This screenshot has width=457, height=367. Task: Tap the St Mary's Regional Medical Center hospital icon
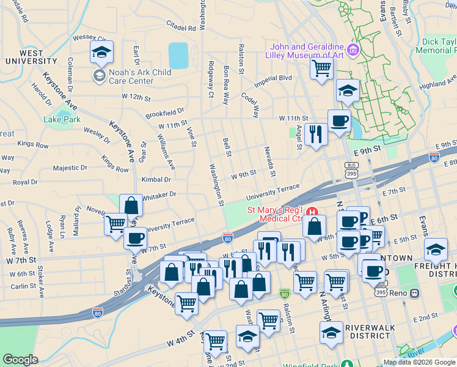point(313,213)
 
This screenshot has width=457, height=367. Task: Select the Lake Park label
point(62,119)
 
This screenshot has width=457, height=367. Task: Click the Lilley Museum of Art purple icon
point(353,49)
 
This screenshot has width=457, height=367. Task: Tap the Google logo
point(20,360)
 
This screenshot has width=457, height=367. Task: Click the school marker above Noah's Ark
point(102,53)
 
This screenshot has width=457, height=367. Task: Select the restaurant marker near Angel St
point(315,133)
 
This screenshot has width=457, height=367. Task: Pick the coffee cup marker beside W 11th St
point(339,120)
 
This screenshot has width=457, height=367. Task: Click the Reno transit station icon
point(414,293)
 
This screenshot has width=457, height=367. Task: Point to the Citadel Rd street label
point(181,28)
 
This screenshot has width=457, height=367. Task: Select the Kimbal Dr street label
point(156,180)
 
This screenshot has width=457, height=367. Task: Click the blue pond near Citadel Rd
point(178,56)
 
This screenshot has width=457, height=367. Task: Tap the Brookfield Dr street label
point(164,114)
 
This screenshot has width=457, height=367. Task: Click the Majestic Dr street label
point(70,168)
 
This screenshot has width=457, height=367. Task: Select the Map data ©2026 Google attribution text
point(419,361)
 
